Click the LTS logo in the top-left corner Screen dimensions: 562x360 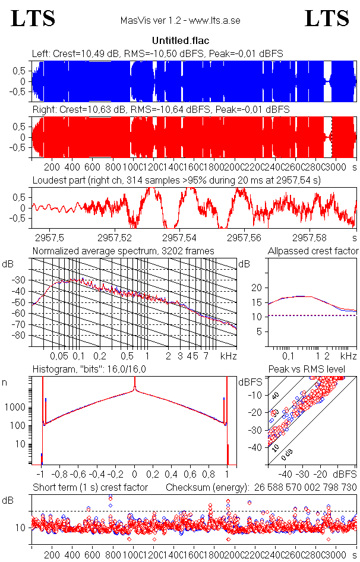tap(33, 18)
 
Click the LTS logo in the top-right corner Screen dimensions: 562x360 tap(327, 18)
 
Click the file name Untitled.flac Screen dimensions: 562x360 tap(180, 41)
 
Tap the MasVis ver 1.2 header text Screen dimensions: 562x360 tap(180, 21)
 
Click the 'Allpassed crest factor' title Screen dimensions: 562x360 tap(313, 251)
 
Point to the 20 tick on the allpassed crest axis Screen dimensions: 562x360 tap(257, 288)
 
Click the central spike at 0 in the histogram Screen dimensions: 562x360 tap(135, 386)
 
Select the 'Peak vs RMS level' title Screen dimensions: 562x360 tap(315, 370)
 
